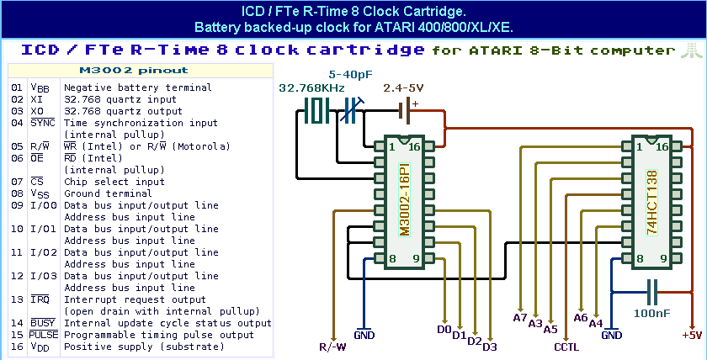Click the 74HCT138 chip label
651,202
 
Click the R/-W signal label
332,346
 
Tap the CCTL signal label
566,346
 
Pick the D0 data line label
444,329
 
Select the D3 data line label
490,346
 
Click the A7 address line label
520,317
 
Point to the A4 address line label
596,323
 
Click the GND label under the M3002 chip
364,335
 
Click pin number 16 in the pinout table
17,346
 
